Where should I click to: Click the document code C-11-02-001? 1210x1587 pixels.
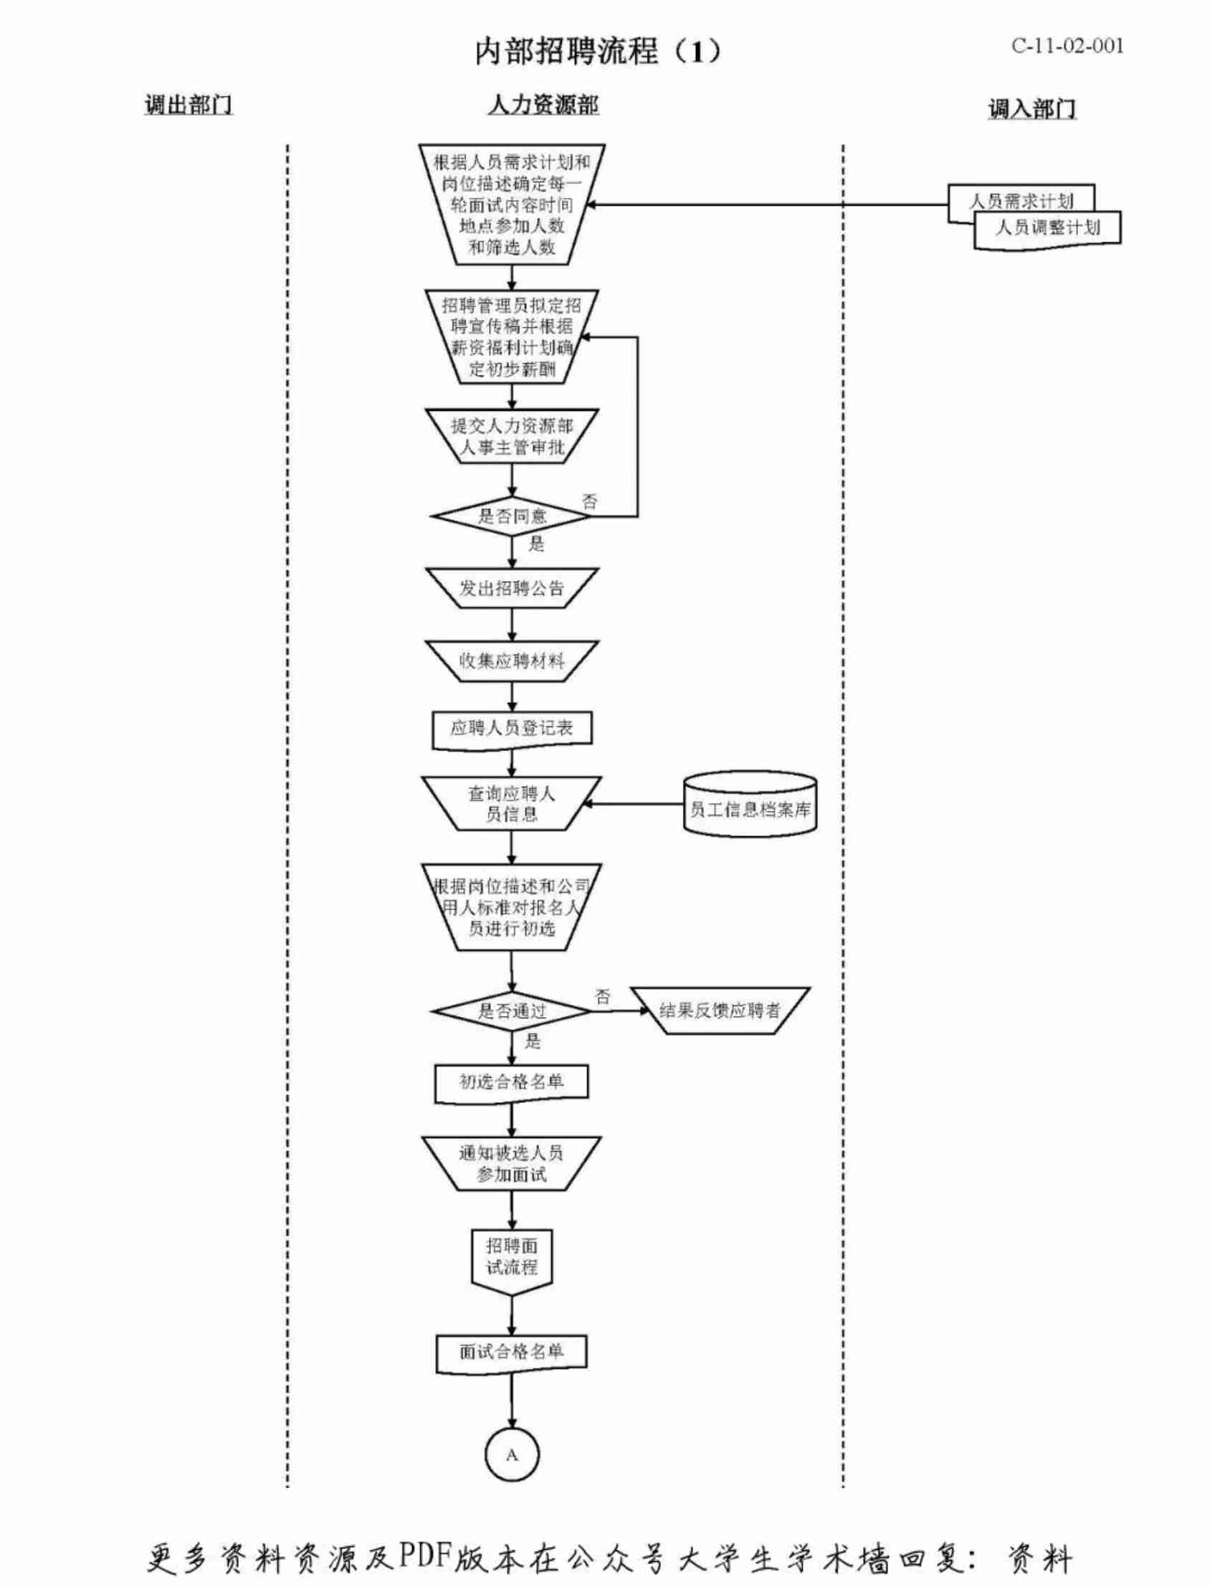coord(1067,46)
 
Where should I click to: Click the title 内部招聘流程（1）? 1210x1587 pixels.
coord(597,52)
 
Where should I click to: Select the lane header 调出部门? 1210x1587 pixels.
coord(188,105)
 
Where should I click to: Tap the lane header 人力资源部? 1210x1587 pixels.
coord(543,105)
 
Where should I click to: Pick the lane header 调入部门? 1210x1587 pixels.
coord(1032,110)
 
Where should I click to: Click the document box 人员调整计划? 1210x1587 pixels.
coord(1047,228)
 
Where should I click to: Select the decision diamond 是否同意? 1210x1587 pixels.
coord(512,516)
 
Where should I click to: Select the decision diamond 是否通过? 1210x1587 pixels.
coord(512,1010)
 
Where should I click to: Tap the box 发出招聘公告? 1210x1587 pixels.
coord(512,589)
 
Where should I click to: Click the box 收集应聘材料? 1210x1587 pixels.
coord(512,660)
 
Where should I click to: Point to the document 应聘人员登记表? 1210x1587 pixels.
coord(512,729)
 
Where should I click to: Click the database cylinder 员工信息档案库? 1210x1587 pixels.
coord(750,810)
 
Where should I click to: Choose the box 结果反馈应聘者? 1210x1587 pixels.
coord(720,1010)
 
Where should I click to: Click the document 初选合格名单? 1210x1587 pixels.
coord(512,1082)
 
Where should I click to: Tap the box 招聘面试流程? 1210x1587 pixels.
coord(512,1257)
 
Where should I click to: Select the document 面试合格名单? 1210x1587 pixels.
coord(512,1352)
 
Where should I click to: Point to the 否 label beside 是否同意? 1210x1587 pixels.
coord(590,501)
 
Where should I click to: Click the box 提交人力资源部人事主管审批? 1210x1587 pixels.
coord(512,437)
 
